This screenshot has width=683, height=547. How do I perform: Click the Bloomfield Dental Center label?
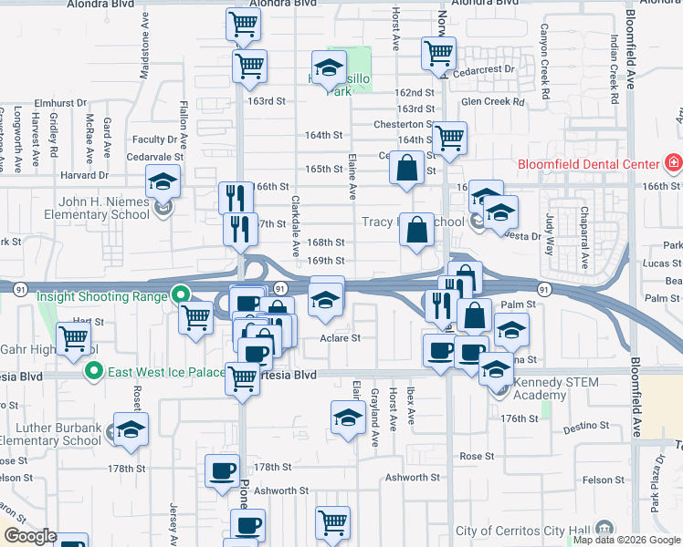[588, 164]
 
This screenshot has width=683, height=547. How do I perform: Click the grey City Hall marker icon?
[604, 529]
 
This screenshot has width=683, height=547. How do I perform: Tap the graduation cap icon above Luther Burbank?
[131, 428]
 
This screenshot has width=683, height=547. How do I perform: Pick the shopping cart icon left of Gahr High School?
[74, 338]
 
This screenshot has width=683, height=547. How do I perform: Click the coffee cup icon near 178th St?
[222, 471]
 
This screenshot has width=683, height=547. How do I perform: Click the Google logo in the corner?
[29, 536]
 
